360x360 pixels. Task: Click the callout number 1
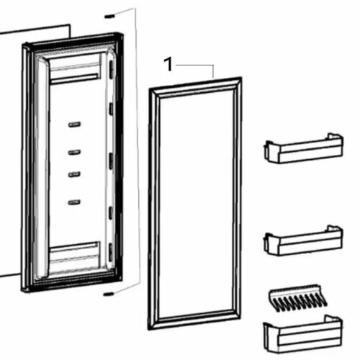[x=168, y=64]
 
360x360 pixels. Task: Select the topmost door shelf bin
[x=304, y=148]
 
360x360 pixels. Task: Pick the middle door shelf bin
[x=303, y=240]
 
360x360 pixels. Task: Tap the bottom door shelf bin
[x=303, y=334]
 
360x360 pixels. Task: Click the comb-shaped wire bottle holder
[x=298, y=298]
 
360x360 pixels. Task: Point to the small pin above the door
[x=109, y=17]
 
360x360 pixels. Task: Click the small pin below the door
[x=108, y=294]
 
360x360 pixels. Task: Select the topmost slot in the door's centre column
[x=74, y=125]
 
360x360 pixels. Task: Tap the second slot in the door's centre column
[x=74, y=152]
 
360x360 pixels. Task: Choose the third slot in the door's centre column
[x=74, y=174]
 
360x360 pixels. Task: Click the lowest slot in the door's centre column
[x=74, y=202]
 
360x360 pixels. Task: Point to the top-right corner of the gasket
[x=241, y=78]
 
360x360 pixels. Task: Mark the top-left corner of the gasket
[x=150, y=89]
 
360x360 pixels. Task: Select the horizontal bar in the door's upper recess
[x=75, y=79]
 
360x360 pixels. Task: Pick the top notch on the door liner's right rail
[x=111, y=69]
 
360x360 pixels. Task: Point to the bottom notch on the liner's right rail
[x=111, y=253]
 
